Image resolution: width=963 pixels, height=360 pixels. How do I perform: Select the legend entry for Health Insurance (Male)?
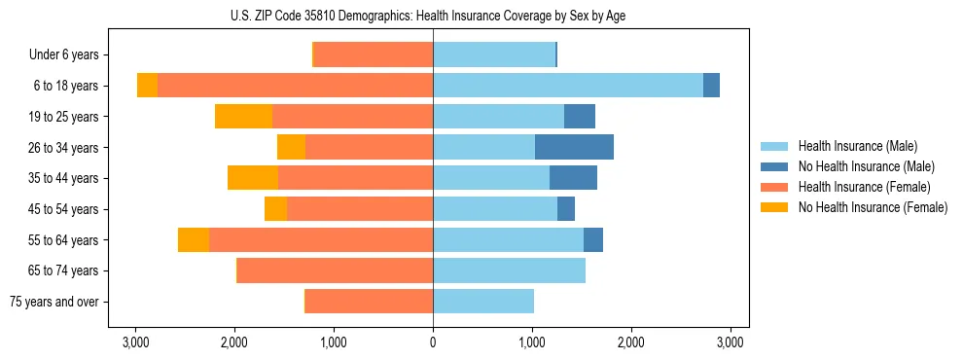point(857,146)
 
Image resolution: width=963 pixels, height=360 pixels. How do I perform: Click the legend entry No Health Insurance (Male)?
point(864,166)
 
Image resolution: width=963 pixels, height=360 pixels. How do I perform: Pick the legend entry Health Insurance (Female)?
point(864,187)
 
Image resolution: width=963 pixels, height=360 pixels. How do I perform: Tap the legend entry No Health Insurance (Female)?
point(872,207)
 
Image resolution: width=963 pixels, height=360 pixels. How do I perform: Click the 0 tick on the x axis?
point(433,342)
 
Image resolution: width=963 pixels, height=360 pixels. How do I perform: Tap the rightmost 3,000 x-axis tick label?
point(730,342)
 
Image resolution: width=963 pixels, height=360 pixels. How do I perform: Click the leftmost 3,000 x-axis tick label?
point(135,342)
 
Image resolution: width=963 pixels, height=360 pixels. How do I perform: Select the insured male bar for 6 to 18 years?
point(568,86)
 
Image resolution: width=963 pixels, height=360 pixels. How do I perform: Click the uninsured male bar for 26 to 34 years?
point(574,147)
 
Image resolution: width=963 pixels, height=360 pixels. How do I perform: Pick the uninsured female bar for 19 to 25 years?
point(243,117)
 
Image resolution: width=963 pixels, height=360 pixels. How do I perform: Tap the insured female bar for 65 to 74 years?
point(335,270)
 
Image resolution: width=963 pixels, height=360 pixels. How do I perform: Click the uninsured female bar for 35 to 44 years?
point(253,178)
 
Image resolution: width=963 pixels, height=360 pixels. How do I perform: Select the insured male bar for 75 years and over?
point(483,302)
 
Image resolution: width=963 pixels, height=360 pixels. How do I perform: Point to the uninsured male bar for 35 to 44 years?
point(573,178)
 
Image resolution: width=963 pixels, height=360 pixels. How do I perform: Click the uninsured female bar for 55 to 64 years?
point(194,239)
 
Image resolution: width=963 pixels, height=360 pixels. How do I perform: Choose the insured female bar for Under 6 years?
point(374,54)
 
